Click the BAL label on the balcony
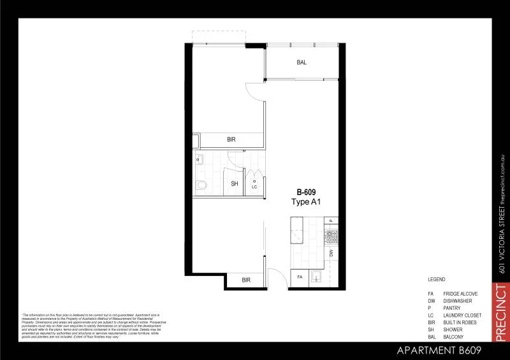pos(302,62)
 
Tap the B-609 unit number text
pos(306,192)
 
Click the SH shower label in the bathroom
pos(234,184)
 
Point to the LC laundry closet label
pos(254,187)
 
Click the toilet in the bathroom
pos(201,185)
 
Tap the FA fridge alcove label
pos(300,277)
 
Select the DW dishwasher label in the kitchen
pos(331,253)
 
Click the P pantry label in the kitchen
pos(331,220)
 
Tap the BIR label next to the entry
pos(246,280)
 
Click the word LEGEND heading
pos(437,280)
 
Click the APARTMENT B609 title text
pos(439,350)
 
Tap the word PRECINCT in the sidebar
pos(501,313)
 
